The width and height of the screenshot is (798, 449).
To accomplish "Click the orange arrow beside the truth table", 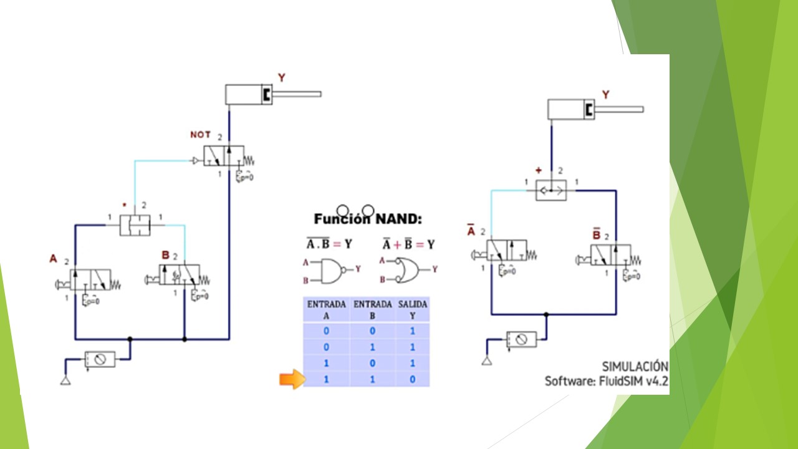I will pyautogui.click(x=291, y=379).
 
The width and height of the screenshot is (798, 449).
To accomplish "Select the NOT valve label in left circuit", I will pyautogui.click(x=200, y=135).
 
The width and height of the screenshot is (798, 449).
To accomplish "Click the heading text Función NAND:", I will pyautogui.click(x=368, y=219).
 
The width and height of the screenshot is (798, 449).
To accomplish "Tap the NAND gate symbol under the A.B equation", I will pyautogui.click(x=330, y=270).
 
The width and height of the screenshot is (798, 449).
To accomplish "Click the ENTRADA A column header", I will pyautogui.click(x=326, y=310).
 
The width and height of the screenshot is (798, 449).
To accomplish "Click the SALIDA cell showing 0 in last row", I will pyautogui.click(x=411, y=379).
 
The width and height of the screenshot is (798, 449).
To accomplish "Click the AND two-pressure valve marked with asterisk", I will pyautogui.click(x=135, y=225).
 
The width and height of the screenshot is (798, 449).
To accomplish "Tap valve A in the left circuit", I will pyautogui.click(x=90, y=280).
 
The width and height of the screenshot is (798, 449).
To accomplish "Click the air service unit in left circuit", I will pyautogui.click(x=100, y=359).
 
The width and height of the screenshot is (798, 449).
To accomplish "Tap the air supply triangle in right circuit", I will pyautogui.click(x=486, y=360).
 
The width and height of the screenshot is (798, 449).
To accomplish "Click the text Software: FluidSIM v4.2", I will pyautogui.click(x=606, y=381).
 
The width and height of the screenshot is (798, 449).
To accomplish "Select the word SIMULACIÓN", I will pyautogui.click(x=635, y=366).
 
